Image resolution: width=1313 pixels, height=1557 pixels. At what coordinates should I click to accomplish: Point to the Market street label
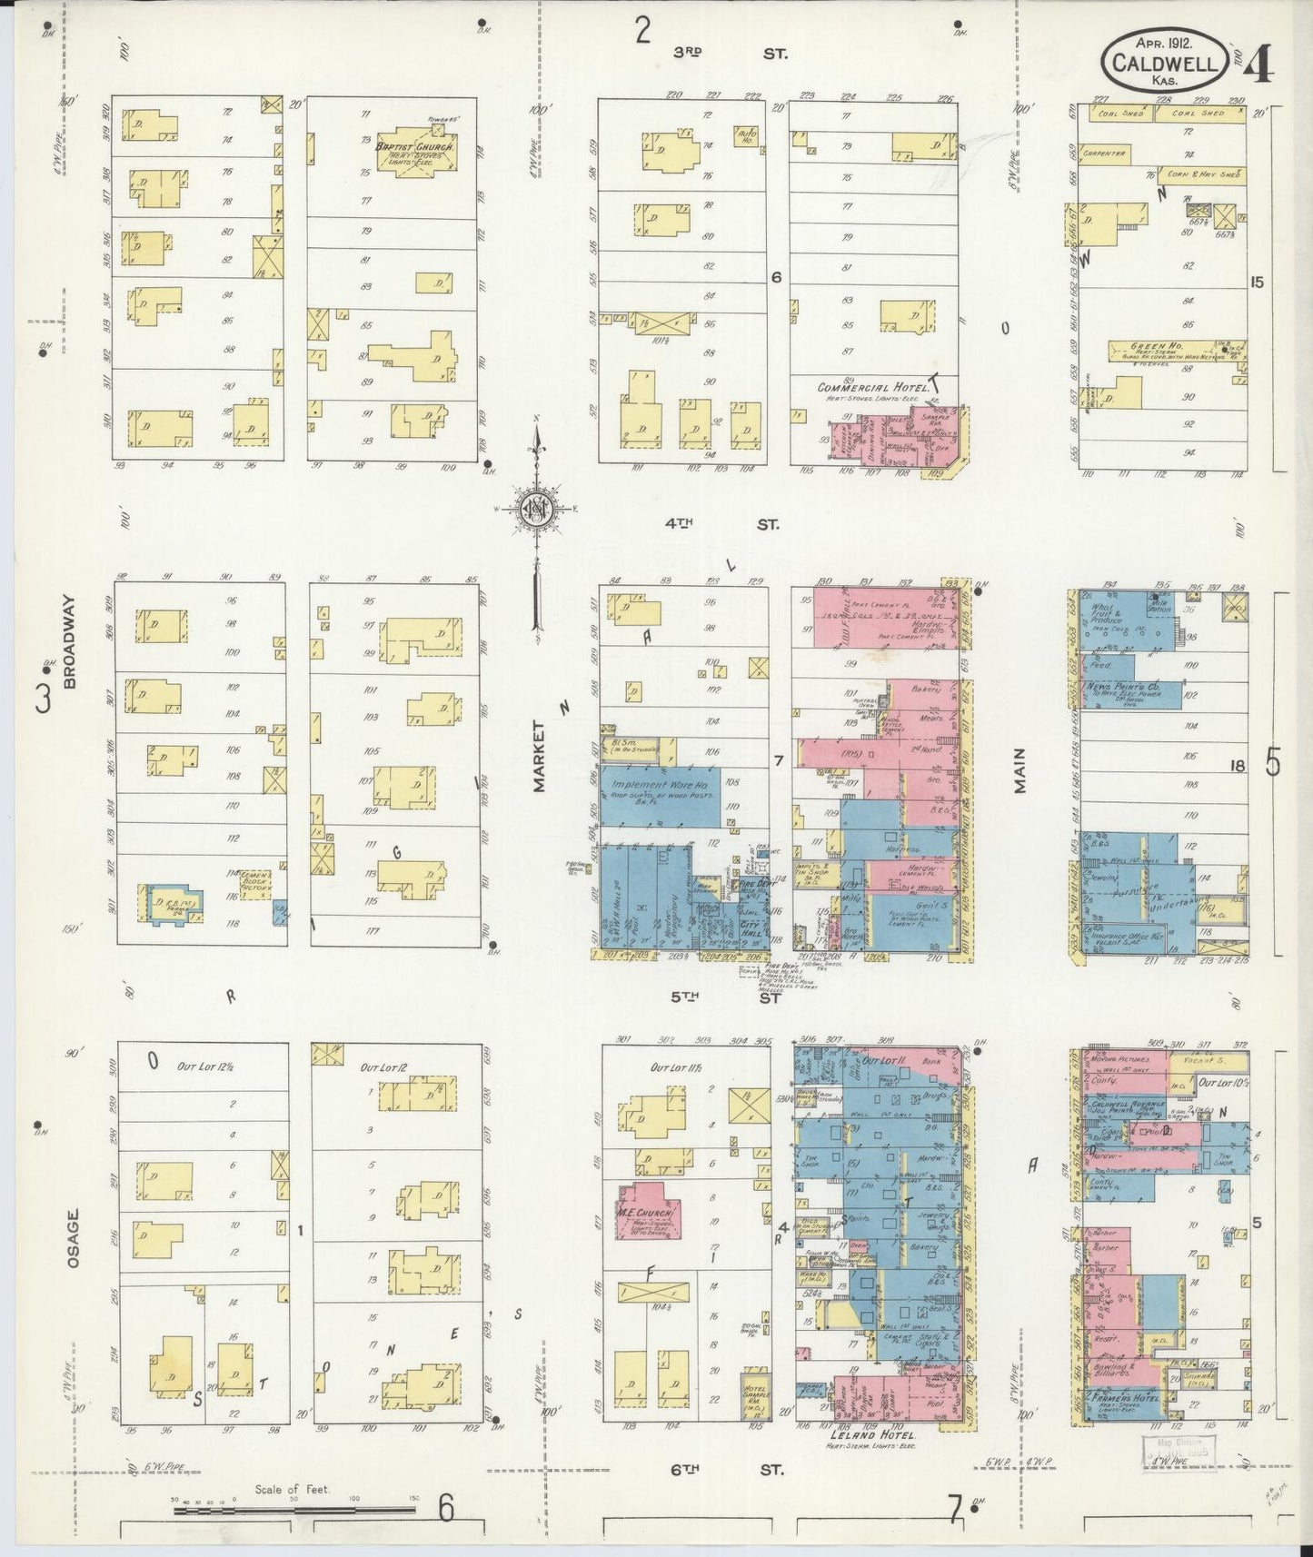tap(540, 757)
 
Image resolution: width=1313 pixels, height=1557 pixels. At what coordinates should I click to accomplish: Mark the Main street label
tap(1020, 770)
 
